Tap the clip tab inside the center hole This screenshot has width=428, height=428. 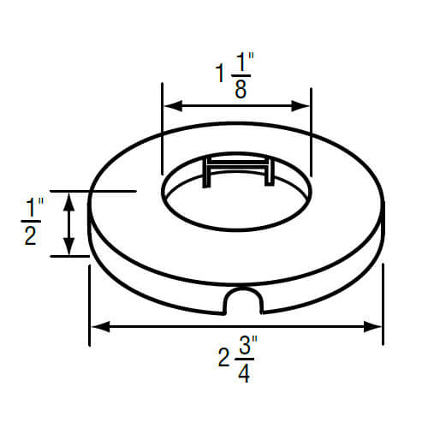238,171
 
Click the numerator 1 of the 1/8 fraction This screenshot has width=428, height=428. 241,62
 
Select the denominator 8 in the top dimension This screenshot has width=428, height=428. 241,90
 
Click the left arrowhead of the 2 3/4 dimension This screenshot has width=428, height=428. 97,326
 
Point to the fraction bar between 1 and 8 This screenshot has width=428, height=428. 241,75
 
